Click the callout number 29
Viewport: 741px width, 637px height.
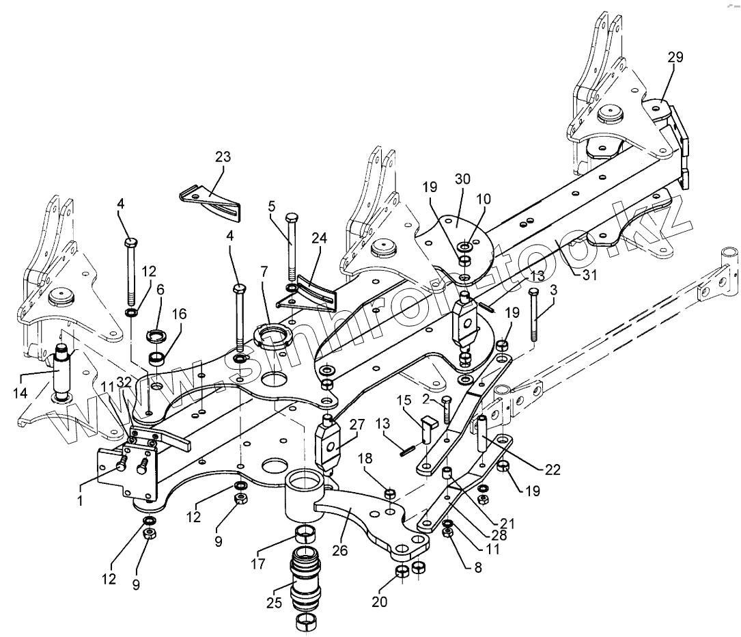675,57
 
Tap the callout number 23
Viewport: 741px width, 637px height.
223,157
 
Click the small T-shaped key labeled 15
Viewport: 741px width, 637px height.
428,428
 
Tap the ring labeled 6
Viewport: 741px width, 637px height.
158,337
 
